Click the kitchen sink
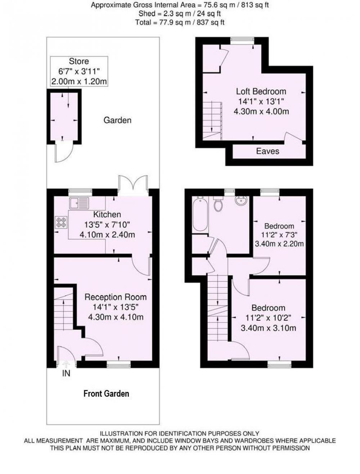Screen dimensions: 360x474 coord(79,203)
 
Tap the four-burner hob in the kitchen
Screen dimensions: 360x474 coord(62,222)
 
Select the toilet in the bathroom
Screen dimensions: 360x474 coord(218,204)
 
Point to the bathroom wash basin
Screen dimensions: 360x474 coord(241,201)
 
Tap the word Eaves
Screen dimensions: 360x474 coord(267,151)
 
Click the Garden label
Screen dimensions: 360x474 coord(117,120)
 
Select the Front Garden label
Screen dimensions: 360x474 coord(106,393)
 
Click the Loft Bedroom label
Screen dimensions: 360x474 coord(261,91)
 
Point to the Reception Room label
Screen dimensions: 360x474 coord(116,297)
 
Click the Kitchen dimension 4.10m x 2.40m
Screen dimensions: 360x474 coord(107,235)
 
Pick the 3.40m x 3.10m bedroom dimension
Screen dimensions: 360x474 coord(268,328)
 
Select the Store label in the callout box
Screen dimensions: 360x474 coord(79,61)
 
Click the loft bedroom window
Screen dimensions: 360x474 coord(242,39)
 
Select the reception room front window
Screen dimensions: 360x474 coord(119,365)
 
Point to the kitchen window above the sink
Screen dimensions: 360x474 coord(80,191)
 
